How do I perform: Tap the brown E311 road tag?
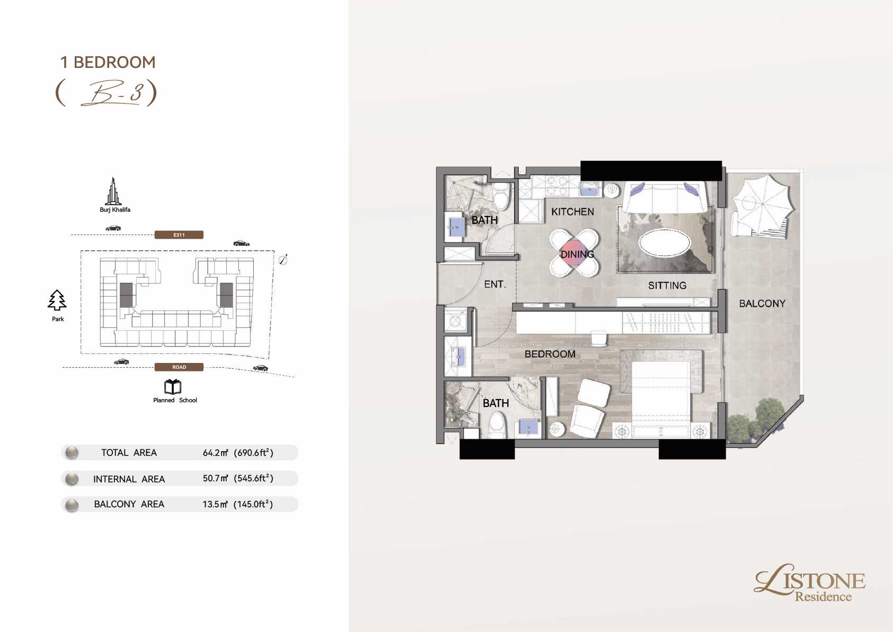coord(179,235)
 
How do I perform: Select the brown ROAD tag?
coord(179,367)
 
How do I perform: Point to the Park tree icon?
coord(57,300)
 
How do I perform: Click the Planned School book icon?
coord(173,386)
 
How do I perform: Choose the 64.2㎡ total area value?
coord(215,453)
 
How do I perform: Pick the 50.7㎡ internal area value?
coord(215,478)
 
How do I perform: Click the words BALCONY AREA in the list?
coord(129,504)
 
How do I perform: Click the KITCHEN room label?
coord(572,212)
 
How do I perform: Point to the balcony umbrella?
coord(763,204)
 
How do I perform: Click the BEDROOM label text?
coord(550,354)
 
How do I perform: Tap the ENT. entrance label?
coord(495,284)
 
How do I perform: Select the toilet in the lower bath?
coord(497,425)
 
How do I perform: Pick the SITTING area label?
coord(667,285)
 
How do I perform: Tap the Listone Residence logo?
coord(810,583)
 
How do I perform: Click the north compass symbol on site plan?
coord(283,260)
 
